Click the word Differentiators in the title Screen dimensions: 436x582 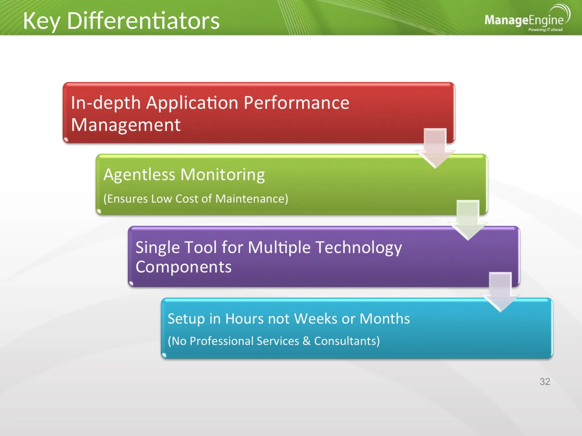(143, 21)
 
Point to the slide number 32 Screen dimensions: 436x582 (544, 381)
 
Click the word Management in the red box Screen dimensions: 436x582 (126, 125)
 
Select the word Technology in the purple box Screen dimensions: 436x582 (359, 248)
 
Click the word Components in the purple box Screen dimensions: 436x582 (184, 267)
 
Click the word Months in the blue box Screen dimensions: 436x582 (384, 319)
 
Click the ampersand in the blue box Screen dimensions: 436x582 (306, 341)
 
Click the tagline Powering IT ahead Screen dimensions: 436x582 (545, 30)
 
